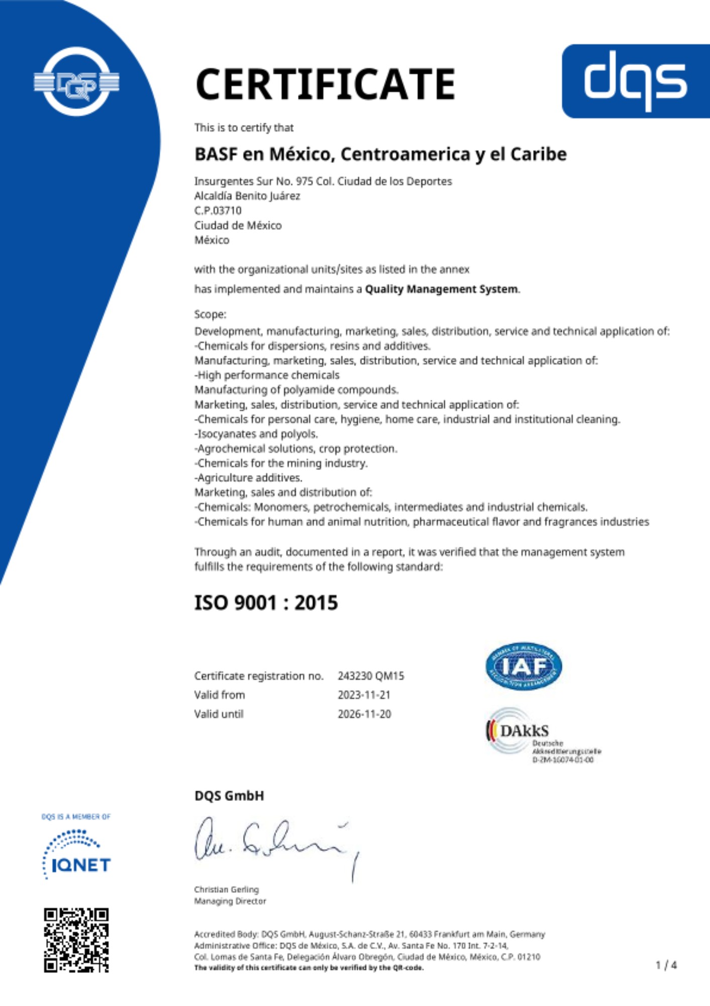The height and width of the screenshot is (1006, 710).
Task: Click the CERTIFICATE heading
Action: click(325, 84)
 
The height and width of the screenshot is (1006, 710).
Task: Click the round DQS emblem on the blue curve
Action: click(76, 82)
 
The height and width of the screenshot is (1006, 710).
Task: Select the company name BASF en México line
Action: click(380, 154)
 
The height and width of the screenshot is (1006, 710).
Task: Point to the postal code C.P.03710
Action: click(218, 210)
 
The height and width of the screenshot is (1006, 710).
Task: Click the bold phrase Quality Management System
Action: click(442, 289)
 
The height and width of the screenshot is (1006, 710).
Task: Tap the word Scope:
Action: click(210, 314)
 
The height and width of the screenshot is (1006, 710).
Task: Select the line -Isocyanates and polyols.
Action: click(256, 434)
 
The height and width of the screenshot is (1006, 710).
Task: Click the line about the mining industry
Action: click(281, 463)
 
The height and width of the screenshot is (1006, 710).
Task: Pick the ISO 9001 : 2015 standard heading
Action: click(266, 603)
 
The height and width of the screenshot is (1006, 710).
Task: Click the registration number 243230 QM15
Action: click(371, 676)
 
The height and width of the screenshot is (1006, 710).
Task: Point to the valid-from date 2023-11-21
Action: click(364, 695)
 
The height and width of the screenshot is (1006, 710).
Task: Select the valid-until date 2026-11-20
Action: click(364, 714)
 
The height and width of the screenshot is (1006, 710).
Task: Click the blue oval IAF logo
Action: click(524, 666)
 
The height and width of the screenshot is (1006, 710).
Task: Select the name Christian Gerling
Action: click(226, 889)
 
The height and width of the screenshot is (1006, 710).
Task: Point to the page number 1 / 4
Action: click(666, 965)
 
